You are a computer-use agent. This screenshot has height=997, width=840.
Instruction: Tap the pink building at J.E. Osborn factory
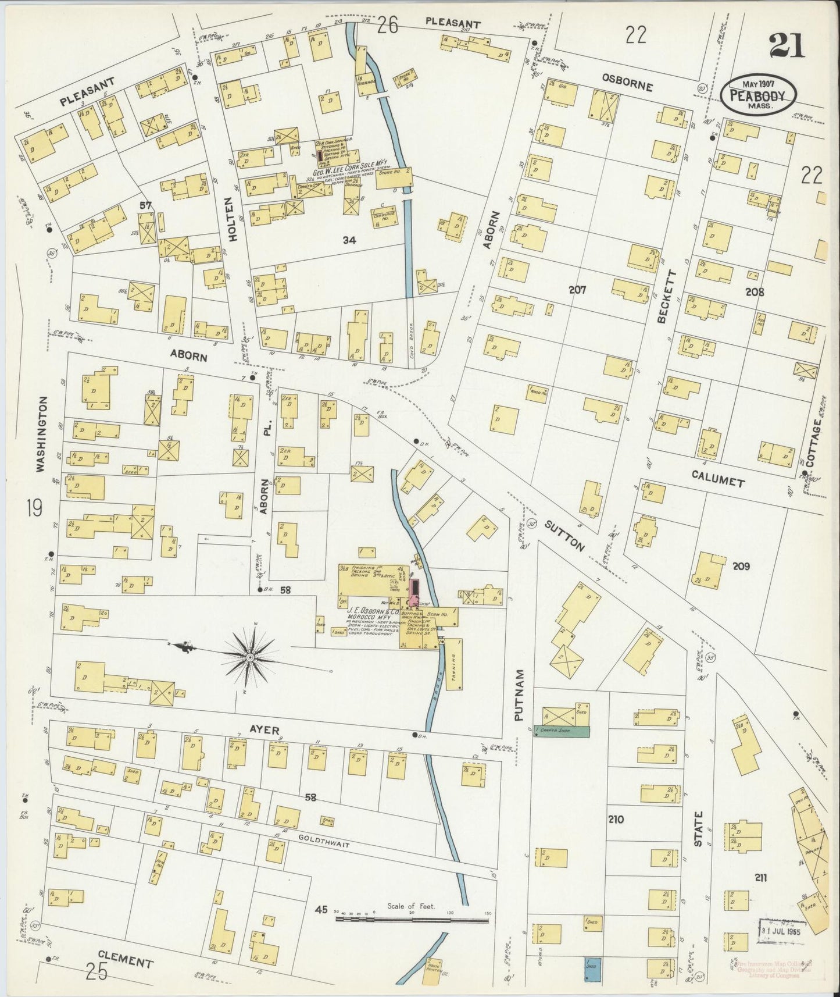coord(414,592)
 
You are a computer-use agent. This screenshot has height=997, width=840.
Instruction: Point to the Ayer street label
coord(265,729)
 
